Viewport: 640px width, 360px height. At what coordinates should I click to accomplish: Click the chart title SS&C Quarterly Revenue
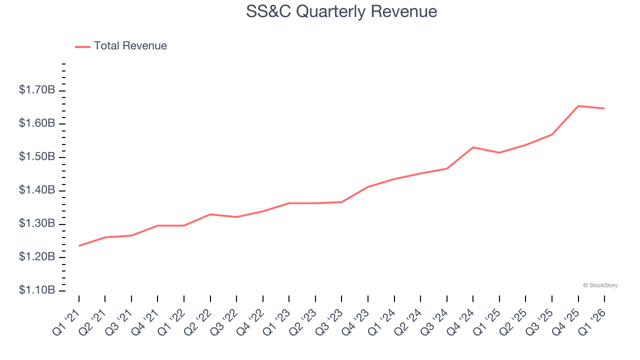(341, 11)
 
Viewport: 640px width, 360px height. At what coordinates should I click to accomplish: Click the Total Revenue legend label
(130, 46)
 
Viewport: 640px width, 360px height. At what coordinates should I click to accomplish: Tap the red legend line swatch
(82, 46)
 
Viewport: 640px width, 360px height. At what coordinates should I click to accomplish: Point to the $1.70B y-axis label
(37, 90)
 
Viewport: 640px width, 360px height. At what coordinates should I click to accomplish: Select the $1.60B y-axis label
(37, 123)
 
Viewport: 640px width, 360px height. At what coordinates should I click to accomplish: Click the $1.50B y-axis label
(37, 157)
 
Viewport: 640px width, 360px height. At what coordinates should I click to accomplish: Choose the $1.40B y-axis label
(37, 190)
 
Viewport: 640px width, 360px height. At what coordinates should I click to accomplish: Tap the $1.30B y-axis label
(37, 223)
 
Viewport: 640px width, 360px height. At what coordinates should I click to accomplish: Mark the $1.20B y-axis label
(37, 257)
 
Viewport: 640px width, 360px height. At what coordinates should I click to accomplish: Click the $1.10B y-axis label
(37, 290)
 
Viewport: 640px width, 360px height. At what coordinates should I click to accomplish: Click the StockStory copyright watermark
(600, 285)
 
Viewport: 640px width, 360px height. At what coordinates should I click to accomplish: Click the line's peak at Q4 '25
(578, 106)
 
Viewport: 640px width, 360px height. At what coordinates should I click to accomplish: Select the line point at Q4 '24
(473, 147)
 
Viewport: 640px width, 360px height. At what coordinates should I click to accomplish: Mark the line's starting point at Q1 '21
(79, 246)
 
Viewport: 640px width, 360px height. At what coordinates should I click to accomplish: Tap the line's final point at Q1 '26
(604, 108)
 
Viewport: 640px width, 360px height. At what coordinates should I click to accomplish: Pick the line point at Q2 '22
(210, 214)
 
